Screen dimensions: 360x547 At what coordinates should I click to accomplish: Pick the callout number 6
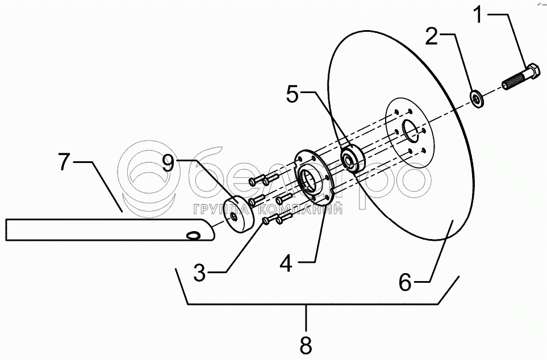404,282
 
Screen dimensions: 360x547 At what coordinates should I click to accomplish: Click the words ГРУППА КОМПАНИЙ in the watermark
268,210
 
